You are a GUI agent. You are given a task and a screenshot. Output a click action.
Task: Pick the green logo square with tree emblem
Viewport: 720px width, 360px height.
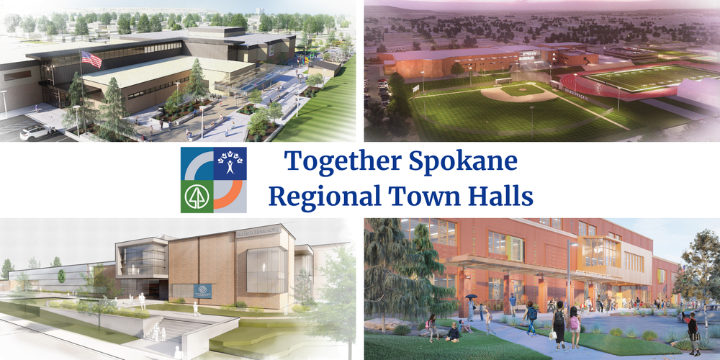(x=197, y=197)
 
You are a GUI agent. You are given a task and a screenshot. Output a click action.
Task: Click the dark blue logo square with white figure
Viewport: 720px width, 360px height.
(x=230, y=164)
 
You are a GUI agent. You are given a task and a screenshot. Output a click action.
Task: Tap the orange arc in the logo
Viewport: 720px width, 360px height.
(x=228, y=194)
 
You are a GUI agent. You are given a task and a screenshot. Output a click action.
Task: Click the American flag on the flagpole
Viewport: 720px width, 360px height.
(x=91, y=59)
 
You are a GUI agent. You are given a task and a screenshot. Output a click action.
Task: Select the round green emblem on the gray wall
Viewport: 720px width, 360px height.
(x=62, y=276)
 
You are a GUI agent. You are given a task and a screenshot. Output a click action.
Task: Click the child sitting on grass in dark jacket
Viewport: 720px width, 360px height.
(x=454, y=332)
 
